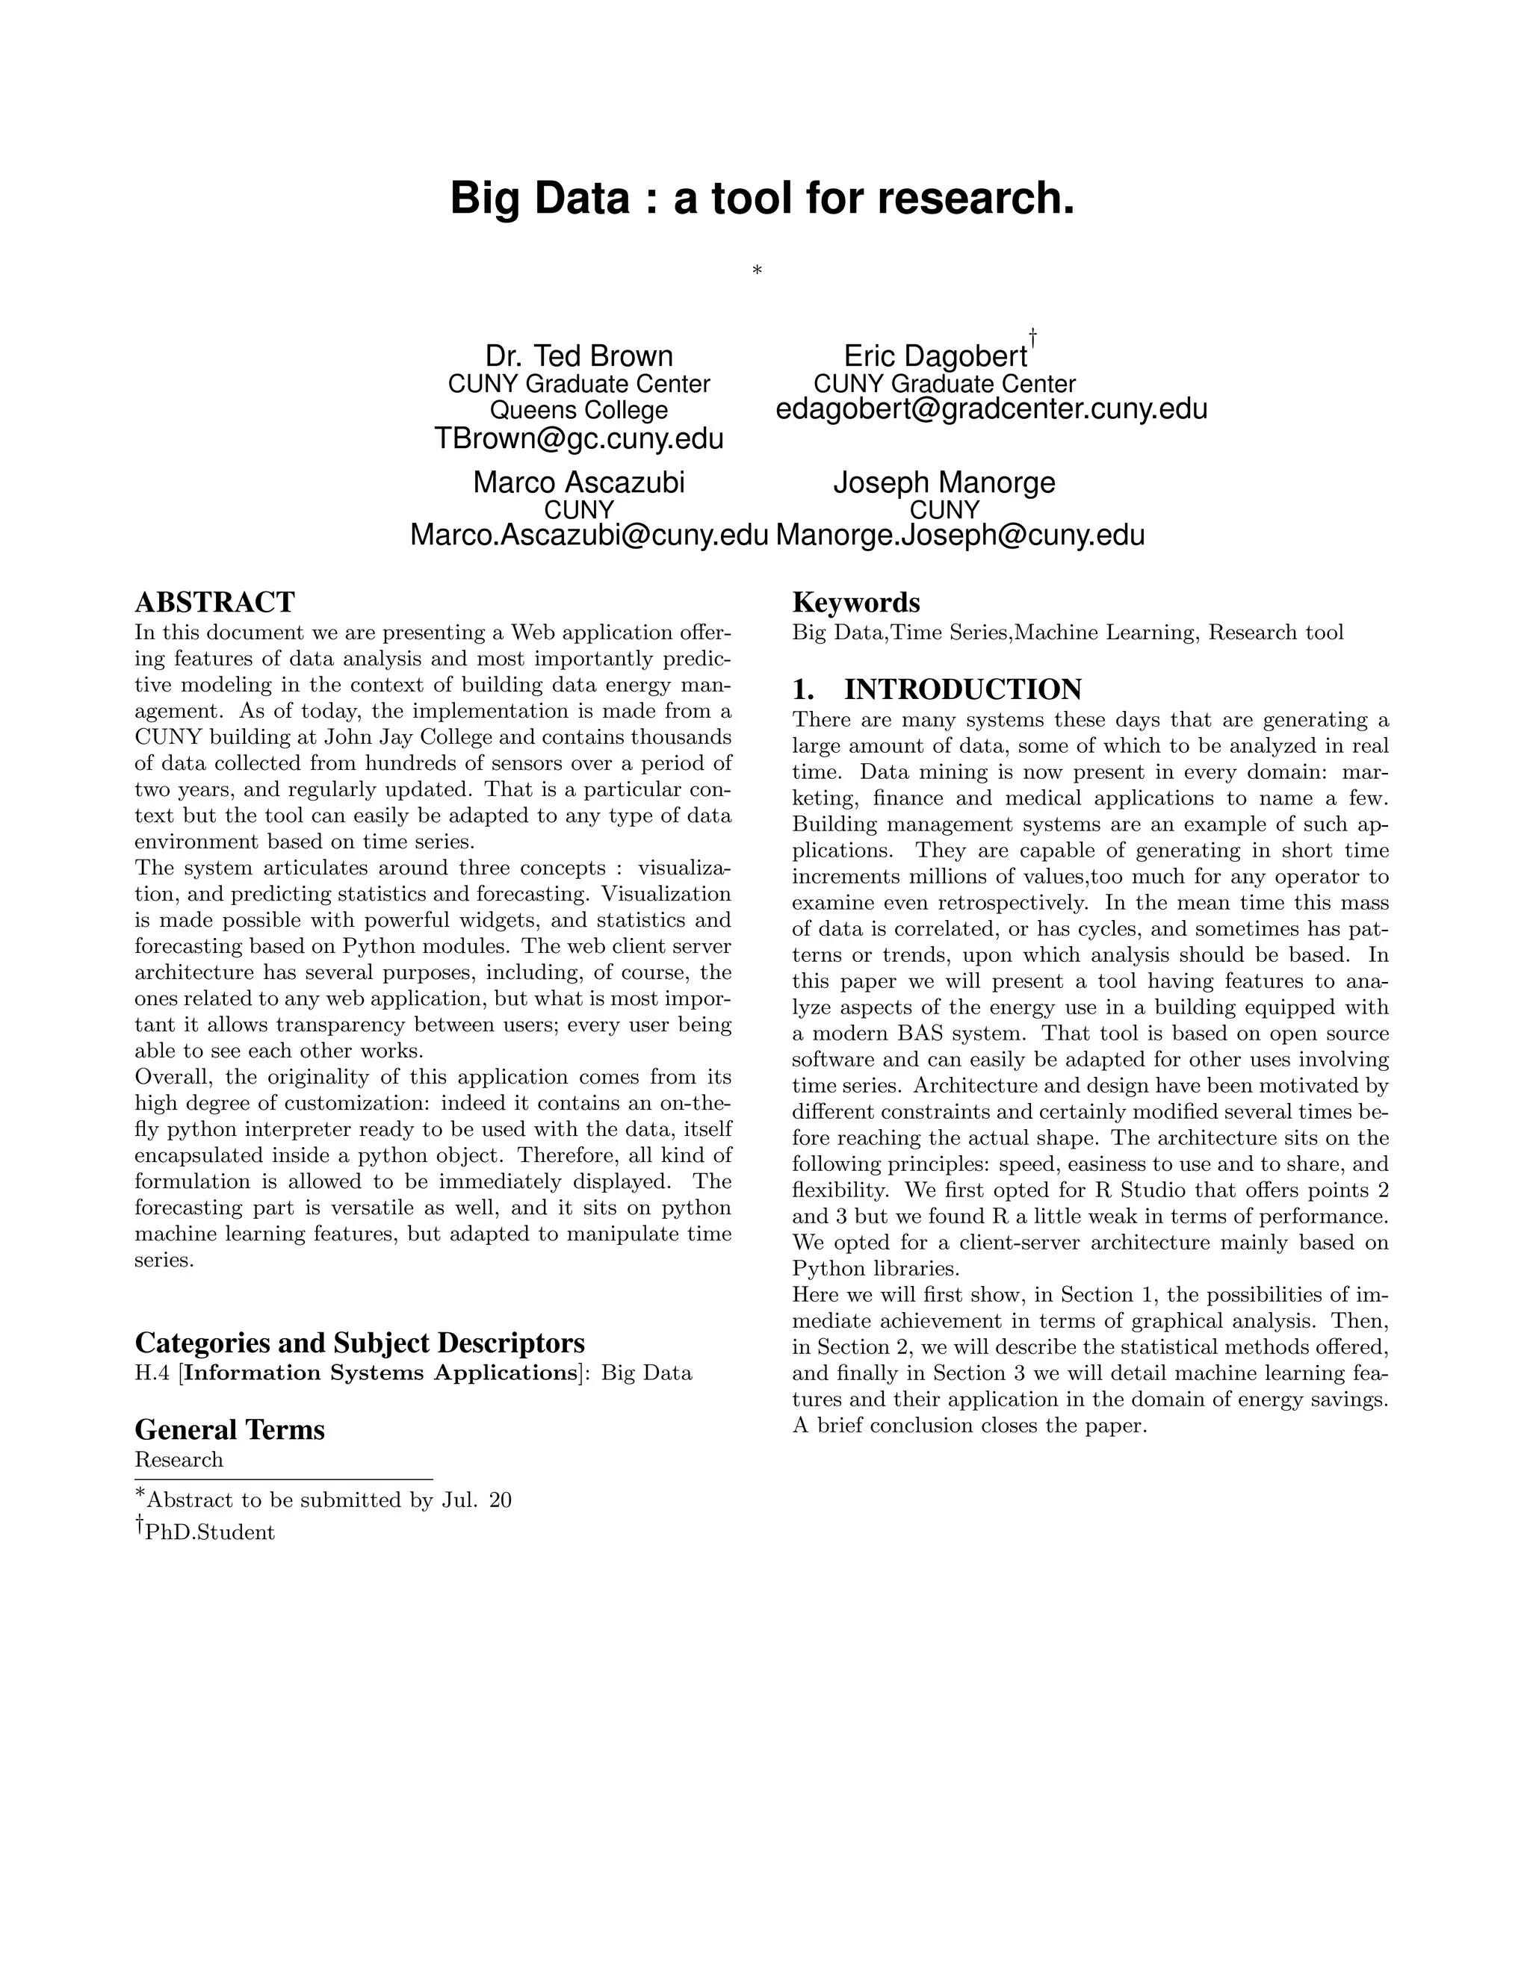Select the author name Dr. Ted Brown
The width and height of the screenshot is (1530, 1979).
tap(579, 356)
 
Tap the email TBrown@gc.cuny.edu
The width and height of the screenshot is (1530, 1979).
tap(579, 438)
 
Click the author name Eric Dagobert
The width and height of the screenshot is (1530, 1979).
tap(935, 356)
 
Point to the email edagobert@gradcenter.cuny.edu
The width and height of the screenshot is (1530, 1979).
tap(991, 409)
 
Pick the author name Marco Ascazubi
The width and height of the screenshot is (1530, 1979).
tap(579, 482)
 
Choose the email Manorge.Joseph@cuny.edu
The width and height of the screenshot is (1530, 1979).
tap(961, 535)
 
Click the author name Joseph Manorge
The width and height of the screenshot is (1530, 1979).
tap(944, 482)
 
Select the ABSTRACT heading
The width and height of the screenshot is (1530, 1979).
tap(215, 603)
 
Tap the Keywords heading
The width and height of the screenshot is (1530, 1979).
tap(855, 603)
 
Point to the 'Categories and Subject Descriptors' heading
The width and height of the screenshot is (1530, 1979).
tap(360, 1342)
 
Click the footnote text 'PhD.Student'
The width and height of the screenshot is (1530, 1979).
tap(209, 1532)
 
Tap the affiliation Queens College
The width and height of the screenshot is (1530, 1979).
tap(579, 411)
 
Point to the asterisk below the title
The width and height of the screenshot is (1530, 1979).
tap(757, 270)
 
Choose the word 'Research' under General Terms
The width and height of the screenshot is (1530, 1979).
tap(179, 1460)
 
